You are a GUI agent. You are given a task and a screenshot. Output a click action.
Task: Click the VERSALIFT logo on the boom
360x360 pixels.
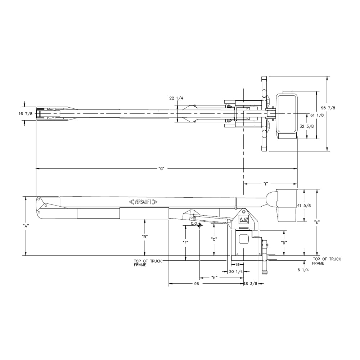(143, 202)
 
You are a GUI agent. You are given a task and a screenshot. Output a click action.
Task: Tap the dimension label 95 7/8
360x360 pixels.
(328, 108)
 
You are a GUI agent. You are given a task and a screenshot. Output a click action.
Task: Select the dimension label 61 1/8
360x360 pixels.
(317, 115)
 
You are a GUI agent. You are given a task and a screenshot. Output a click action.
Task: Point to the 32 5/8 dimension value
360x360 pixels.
(307, 126)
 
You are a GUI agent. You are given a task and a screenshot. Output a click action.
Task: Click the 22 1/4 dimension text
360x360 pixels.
(176, 98)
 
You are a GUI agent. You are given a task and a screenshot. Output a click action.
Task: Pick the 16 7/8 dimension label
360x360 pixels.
(26, 114)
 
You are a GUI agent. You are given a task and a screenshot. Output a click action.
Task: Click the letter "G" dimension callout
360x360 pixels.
(162, 168)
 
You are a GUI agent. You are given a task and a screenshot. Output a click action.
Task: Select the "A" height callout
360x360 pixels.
(26, 226)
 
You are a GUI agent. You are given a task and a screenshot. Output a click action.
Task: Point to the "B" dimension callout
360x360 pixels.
(145, 237)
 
